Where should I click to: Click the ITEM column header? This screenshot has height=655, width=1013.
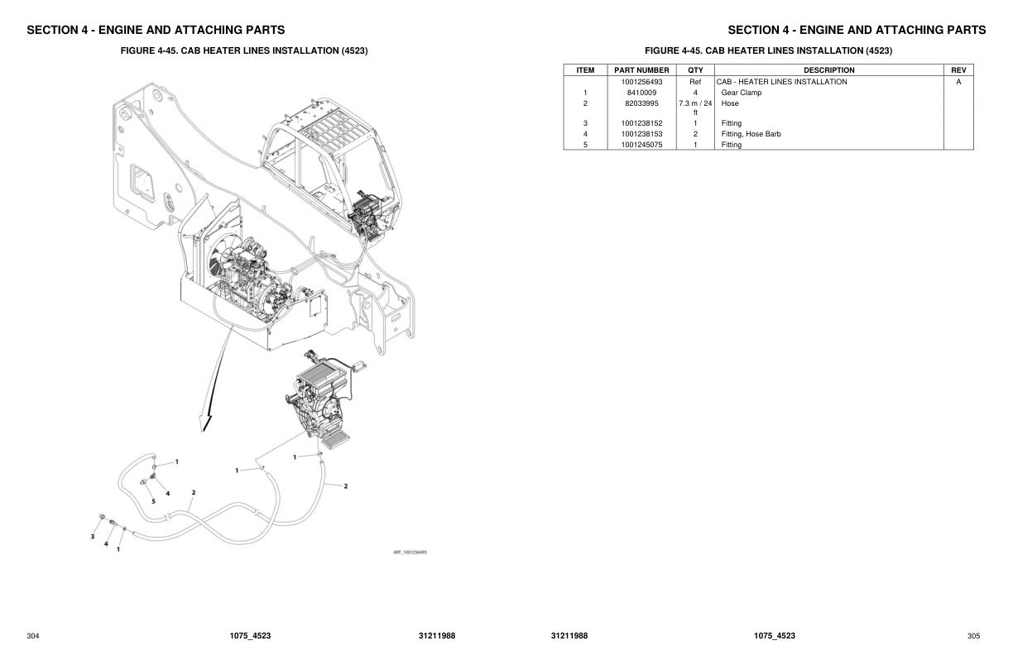(x=585, y=70)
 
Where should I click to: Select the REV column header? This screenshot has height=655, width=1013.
(x=958, y=70)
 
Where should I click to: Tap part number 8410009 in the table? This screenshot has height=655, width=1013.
(x=641, y=93)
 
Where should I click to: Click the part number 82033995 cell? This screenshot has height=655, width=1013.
(x=641, y=103)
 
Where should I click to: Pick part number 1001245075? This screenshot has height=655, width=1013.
(x=641, y=145)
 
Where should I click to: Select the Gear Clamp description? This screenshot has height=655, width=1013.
(x=742, y=93)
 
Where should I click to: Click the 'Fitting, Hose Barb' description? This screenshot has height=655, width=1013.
(x=751, y=134)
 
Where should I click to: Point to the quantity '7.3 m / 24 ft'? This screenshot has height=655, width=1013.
(x=695, y=108)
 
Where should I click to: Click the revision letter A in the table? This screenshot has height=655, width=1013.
(x=958, y=82)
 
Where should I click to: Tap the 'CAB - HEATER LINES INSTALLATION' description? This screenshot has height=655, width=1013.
(x=781, y=82)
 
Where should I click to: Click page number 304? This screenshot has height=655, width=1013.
(x=33, y=636)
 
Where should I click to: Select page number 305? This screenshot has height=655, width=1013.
(x=973, y=636)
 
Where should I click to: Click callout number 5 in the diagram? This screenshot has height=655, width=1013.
(x=153, y=501)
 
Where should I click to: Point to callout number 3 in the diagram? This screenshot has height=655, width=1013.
(x=92, y=537)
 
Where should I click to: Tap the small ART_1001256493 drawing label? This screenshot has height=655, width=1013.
(x=410, y=552)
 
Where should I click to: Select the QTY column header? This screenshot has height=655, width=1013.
(x=695, y=70)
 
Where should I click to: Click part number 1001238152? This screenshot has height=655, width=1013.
(x=641, y=123)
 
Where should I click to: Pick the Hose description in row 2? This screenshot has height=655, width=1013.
(x=729, y=103)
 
